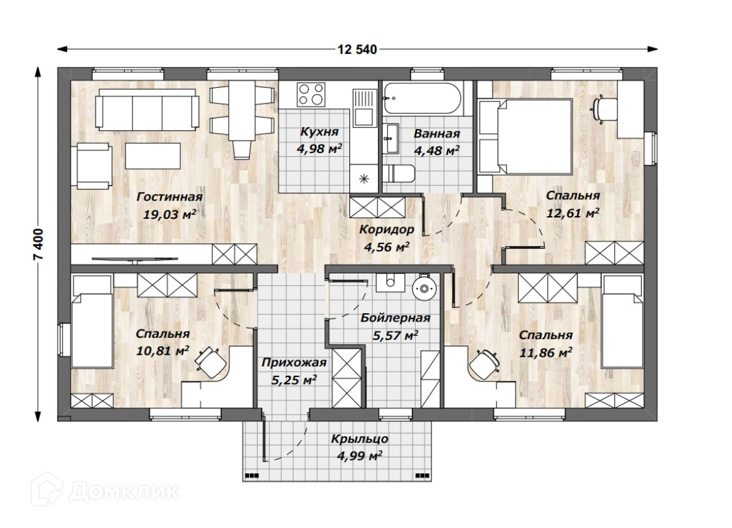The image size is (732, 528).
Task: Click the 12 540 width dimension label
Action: click(x=357, y=49)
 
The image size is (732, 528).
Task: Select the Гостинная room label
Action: click(x=169, y=197)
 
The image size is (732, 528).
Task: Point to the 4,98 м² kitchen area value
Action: click(x=319, y=149)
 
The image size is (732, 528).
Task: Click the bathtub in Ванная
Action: click(x=422, y=98)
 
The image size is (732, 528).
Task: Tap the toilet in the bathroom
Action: click(x=398, y=174)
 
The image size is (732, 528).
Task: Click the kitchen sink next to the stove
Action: click(x=364, y=108)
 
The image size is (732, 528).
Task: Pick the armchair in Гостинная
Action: click(x=92, y=166)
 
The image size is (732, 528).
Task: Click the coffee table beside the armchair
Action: click(x=153, y=156)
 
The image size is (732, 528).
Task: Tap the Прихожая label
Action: click(x=293, y=363)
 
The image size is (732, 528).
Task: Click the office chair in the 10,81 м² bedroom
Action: click(x=211, y=361)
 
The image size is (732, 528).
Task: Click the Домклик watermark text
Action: click(x=124, y=491)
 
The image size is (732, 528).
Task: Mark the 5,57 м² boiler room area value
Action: click(x=395, y=335)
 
